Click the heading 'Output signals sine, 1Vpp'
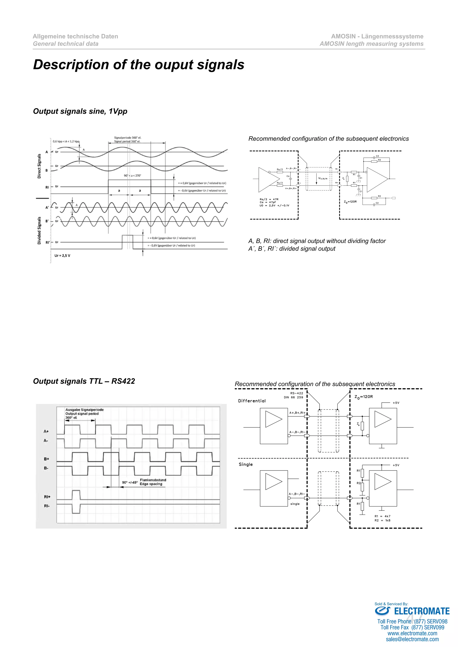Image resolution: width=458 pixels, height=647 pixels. pyautogui.click(x=80, y=111)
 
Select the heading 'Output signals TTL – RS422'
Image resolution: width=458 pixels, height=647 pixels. pyautogui.click(x=84, y=381)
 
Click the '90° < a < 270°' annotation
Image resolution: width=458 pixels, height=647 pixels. pyautogui.click(x=132, y=176)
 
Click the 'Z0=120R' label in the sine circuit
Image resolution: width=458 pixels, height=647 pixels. pyautogui.click(x=350, y=202)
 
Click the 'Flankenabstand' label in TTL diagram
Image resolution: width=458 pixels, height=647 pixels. pyautogui.click(x=153, y=480)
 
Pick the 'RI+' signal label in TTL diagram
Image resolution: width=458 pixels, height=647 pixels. pyautogui.click(x=47, y=497)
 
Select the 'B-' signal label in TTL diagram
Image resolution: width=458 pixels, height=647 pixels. pyautogui.click(x=46, y=468)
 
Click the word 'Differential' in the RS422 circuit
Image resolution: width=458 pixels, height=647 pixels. pyautogui.click(x=252, y=401)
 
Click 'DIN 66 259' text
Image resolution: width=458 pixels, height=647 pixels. pyautogui.click(x=293, y=397)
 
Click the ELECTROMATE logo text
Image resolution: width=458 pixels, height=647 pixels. pyautogui.click(x=421, y=611)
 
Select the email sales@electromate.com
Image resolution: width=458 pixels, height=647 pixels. pyautogui.click(x=412, y=639)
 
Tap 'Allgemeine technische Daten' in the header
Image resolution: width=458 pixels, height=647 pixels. pyautogui.click(x=75, y=36)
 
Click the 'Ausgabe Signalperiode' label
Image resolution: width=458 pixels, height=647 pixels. pyautogui.click(x=84, y=410)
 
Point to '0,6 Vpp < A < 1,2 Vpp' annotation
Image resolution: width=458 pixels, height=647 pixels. pyautogui.click(x=66, y=141)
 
